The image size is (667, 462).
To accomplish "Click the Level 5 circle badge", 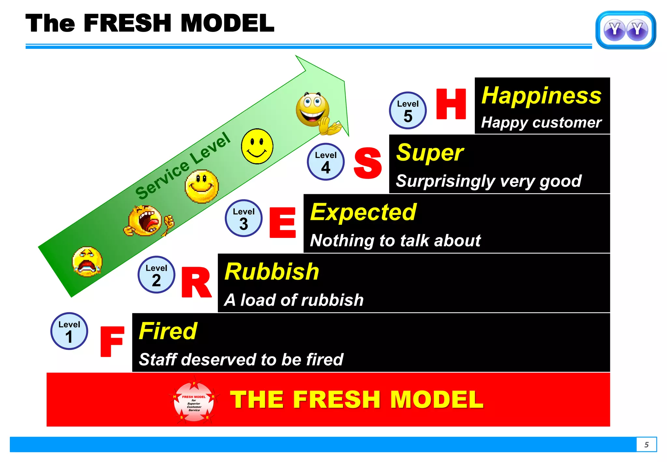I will click(x=408, y=110).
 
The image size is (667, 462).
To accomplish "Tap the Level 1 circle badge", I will click(x=69, y=331).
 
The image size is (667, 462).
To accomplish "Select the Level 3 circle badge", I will click(x=244, y=218).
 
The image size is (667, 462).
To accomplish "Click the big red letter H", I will click(x=451, y=104).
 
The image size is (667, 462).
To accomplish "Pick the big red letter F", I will click(x=112, y=341).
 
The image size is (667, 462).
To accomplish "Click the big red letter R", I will click(x=196, y=282).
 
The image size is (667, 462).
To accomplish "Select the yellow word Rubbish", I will click(x=272, y=272).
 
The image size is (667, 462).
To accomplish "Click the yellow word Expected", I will click(x=363, y=212).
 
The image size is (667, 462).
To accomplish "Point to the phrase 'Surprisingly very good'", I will click(x=489, y=181).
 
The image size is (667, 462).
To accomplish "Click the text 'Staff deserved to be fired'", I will click(x=241, y=359).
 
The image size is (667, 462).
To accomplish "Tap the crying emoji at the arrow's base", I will click(x=87, y=262).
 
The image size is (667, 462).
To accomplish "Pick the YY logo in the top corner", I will click(x=626, y=30).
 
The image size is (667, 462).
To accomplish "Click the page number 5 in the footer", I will click(x=646, y=445).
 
